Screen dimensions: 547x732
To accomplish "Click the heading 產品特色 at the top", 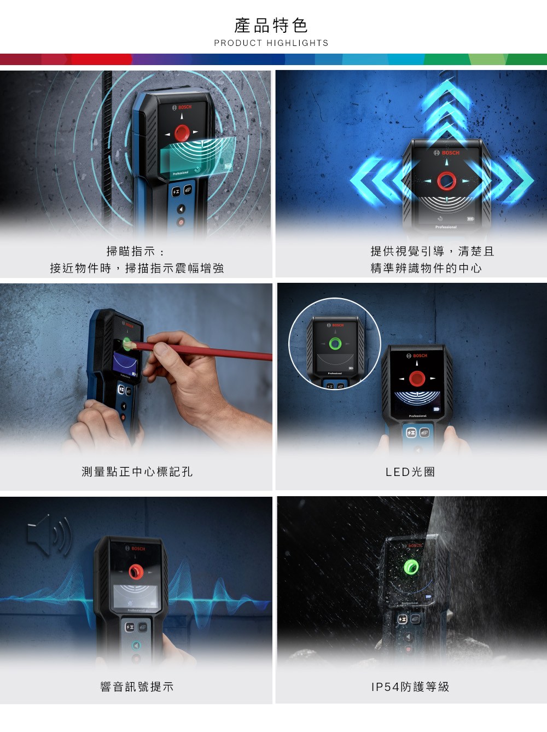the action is [271, 26].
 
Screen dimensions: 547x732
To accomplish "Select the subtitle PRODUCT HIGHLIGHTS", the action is [271, 43].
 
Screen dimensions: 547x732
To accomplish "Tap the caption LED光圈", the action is [410, 472].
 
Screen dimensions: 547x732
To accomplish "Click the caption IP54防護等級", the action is [410, 687].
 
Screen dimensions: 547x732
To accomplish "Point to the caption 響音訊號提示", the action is [137, 687].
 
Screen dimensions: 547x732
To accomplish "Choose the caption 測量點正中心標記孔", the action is [137, 472].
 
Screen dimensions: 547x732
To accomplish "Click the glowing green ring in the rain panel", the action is [411, 567].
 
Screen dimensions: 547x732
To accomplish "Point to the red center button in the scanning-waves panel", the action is [182, 132].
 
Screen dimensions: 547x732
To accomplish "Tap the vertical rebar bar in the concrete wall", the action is [107, 147].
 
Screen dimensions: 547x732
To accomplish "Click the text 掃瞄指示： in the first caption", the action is [136, 251].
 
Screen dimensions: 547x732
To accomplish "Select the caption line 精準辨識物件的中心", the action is [426, 268].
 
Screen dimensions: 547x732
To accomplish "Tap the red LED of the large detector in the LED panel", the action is [417, 379].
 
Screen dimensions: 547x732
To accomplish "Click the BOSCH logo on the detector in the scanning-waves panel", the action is [182, 107].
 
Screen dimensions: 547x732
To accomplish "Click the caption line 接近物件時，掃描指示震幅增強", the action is [137, 268].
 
